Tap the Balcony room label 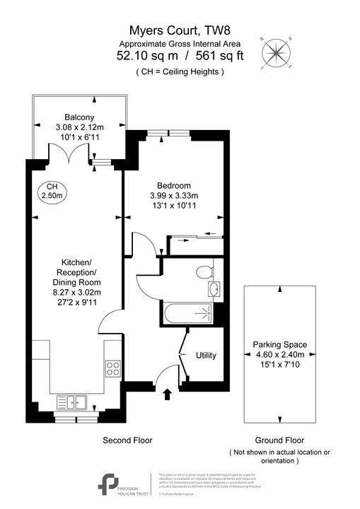tap(79, 117)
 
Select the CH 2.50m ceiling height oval tap(50, 191)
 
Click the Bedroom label tap(174, 185)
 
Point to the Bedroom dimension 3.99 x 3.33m tap(174, 196)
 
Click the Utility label tap(205, 356)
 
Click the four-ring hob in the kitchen tap(112, 368)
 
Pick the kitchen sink tap(71, 402)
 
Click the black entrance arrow tap(167, 394)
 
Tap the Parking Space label tap(279, 345)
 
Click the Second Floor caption tap(128, 440)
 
